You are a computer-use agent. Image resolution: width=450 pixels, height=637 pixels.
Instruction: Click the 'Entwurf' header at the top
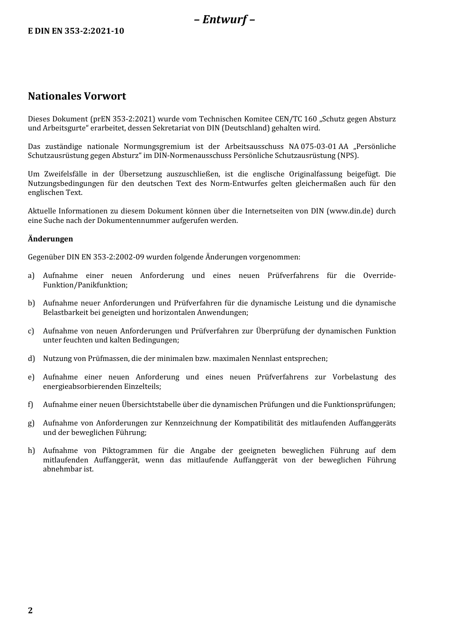point(225,19)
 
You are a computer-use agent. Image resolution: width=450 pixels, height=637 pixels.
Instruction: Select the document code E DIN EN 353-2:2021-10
point(76,31)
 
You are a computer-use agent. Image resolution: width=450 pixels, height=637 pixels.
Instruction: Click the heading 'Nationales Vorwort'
point(77,96)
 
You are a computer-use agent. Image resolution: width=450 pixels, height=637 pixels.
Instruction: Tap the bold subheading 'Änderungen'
point(50,239)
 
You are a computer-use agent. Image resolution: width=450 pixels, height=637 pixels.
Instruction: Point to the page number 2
point(30,610)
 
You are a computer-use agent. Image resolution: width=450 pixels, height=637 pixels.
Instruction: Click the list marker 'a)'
point(31,276)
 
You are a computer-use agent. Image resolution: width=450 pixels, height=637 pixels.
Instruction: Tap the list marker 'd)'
point(31,359)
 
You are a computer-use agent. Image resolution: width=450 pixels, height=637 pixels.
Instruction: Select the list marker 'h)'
point(31,451)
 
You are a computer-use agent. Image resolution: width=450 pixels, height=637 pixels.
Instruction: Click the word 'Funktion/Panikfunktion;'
point(85,285)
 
